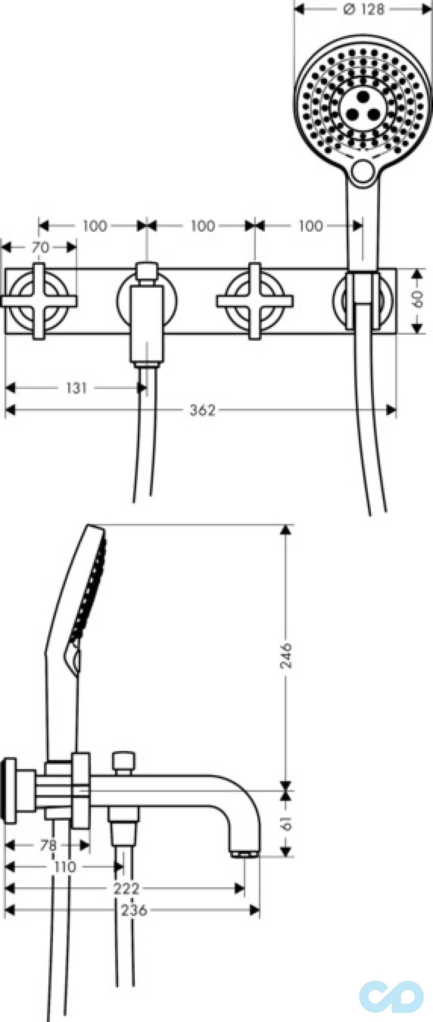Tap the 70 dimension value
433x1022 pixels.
[40, 248]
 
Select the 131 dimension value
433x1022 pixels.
[76, 388]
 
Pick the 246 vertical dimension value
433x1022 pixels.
[286, 656]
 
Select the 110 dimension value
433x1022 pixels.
[65, 867]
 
